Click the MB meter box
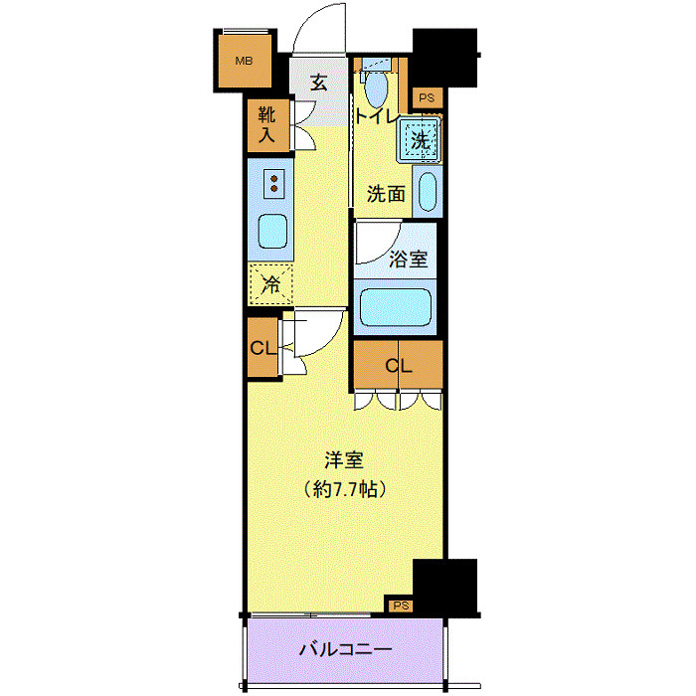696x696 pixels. [x=243, y=62]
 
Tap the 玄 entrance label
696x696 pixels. [x=318, y=84]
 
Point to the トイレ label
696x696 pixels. [x=378, y=116]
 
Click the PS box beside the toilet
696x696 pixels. [x=427, y=97]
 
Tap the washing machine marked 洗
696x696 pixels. [x=420, y=140]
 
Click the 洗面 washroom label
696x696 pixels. [x=386, y=193]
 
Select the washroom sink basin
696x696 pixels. [x=427, y=193]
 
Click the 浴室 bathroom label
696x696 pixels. [x=408, y=260]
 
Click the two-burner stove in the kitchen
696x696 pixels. [x=271, y=183]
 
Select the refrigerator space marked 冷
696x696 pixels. [x=271, y=284]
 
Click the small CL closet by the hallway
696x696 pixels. [x=263, y=348]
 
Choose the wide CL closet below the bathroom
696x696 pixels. [x=398, y=366]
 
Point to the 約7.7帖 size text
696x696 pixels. [x=344, y=489]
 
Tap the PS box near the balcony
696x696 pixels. [x=400, y=605]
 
